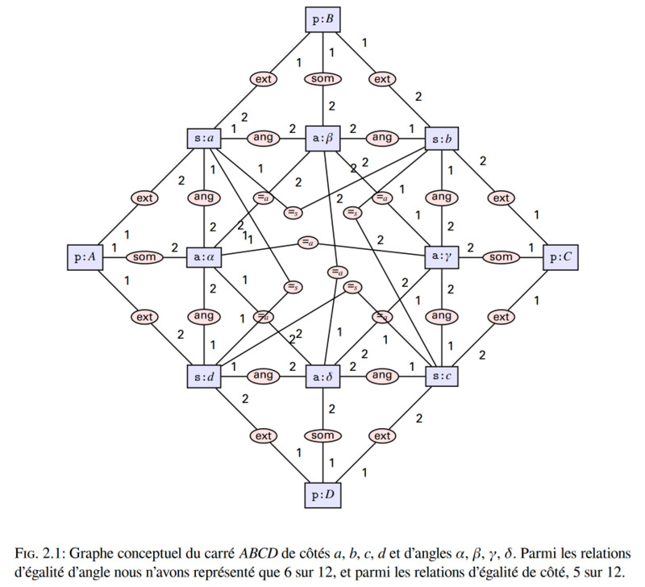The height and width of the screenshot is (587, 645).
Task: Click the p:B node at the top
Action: tap(323, 19)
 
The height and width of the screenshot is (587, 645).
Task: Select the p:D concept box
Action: tap(323, 495)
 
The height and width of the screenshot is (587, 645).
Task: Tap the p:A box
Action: tap(85, 257)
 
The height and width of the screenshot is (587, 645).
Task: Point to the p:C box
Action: tap(560, 257)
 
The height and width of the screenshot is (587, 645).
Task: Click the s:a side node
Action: tap(204, 138)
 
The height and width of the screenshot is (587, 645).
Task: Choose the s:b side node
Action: tap(442, 139)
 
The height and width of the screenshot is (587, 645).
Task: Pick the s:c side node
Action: tap(442, 376)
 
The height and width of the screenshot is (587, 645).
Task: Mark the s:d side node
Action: tap(204, 377)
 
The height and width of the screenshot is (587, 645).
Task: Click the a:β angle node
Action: tap(323, 138)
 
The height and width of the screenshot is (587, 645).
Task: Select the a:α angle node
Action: tap(204, 257)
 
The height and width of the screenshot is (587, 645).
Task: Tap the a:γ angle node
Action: tap(442, 256)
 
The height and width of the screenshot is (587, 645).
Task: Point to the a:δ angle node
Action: tap(323, 377)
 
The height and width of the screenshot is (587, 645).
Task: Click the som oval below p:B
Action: tap(323, 78)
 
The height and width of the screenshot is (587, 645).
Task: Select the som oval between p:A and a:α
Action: tap(144, 257)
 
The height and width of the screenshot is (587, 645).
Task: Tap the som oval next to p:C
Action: tap(501, 257)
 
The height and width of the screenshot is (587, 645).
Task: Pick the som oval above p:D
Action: tap(323, 435)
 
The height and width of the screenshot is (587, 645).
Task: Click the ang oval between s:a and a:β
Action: tap(264, 138)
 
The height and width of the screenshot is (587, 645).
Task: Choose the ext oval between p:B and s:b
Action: tap(382, 79)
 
